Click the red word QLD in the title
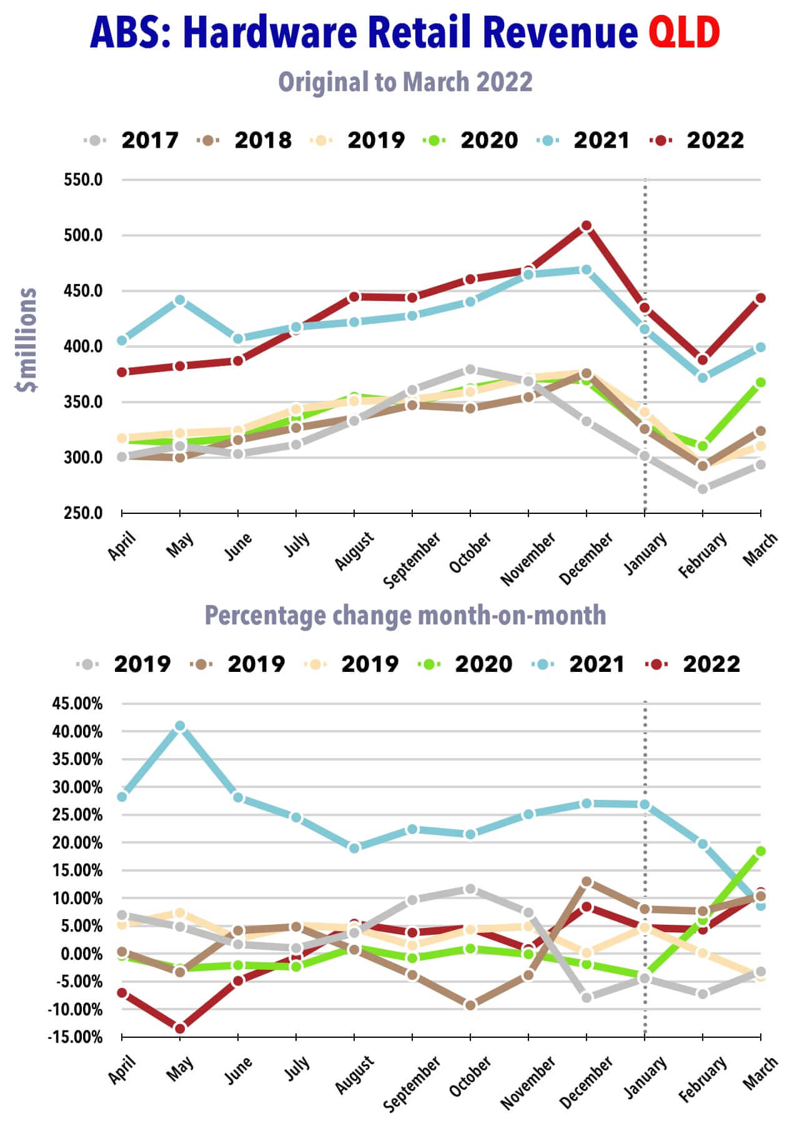(684, 32)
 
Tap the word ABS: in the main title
(131, 32)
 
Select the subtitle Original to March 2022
(405, 82)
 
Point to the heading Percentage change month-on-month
(405, 615)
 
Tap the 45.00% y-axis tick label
(77, 704)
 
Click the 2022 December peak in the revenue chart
(586, 226)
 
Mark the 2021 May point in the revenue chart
(180, 300)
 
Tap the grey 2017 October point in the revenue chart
(470, 370)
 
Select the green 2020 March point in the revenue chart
(761, 383)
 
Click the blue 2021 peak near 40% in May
(180, 726)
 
